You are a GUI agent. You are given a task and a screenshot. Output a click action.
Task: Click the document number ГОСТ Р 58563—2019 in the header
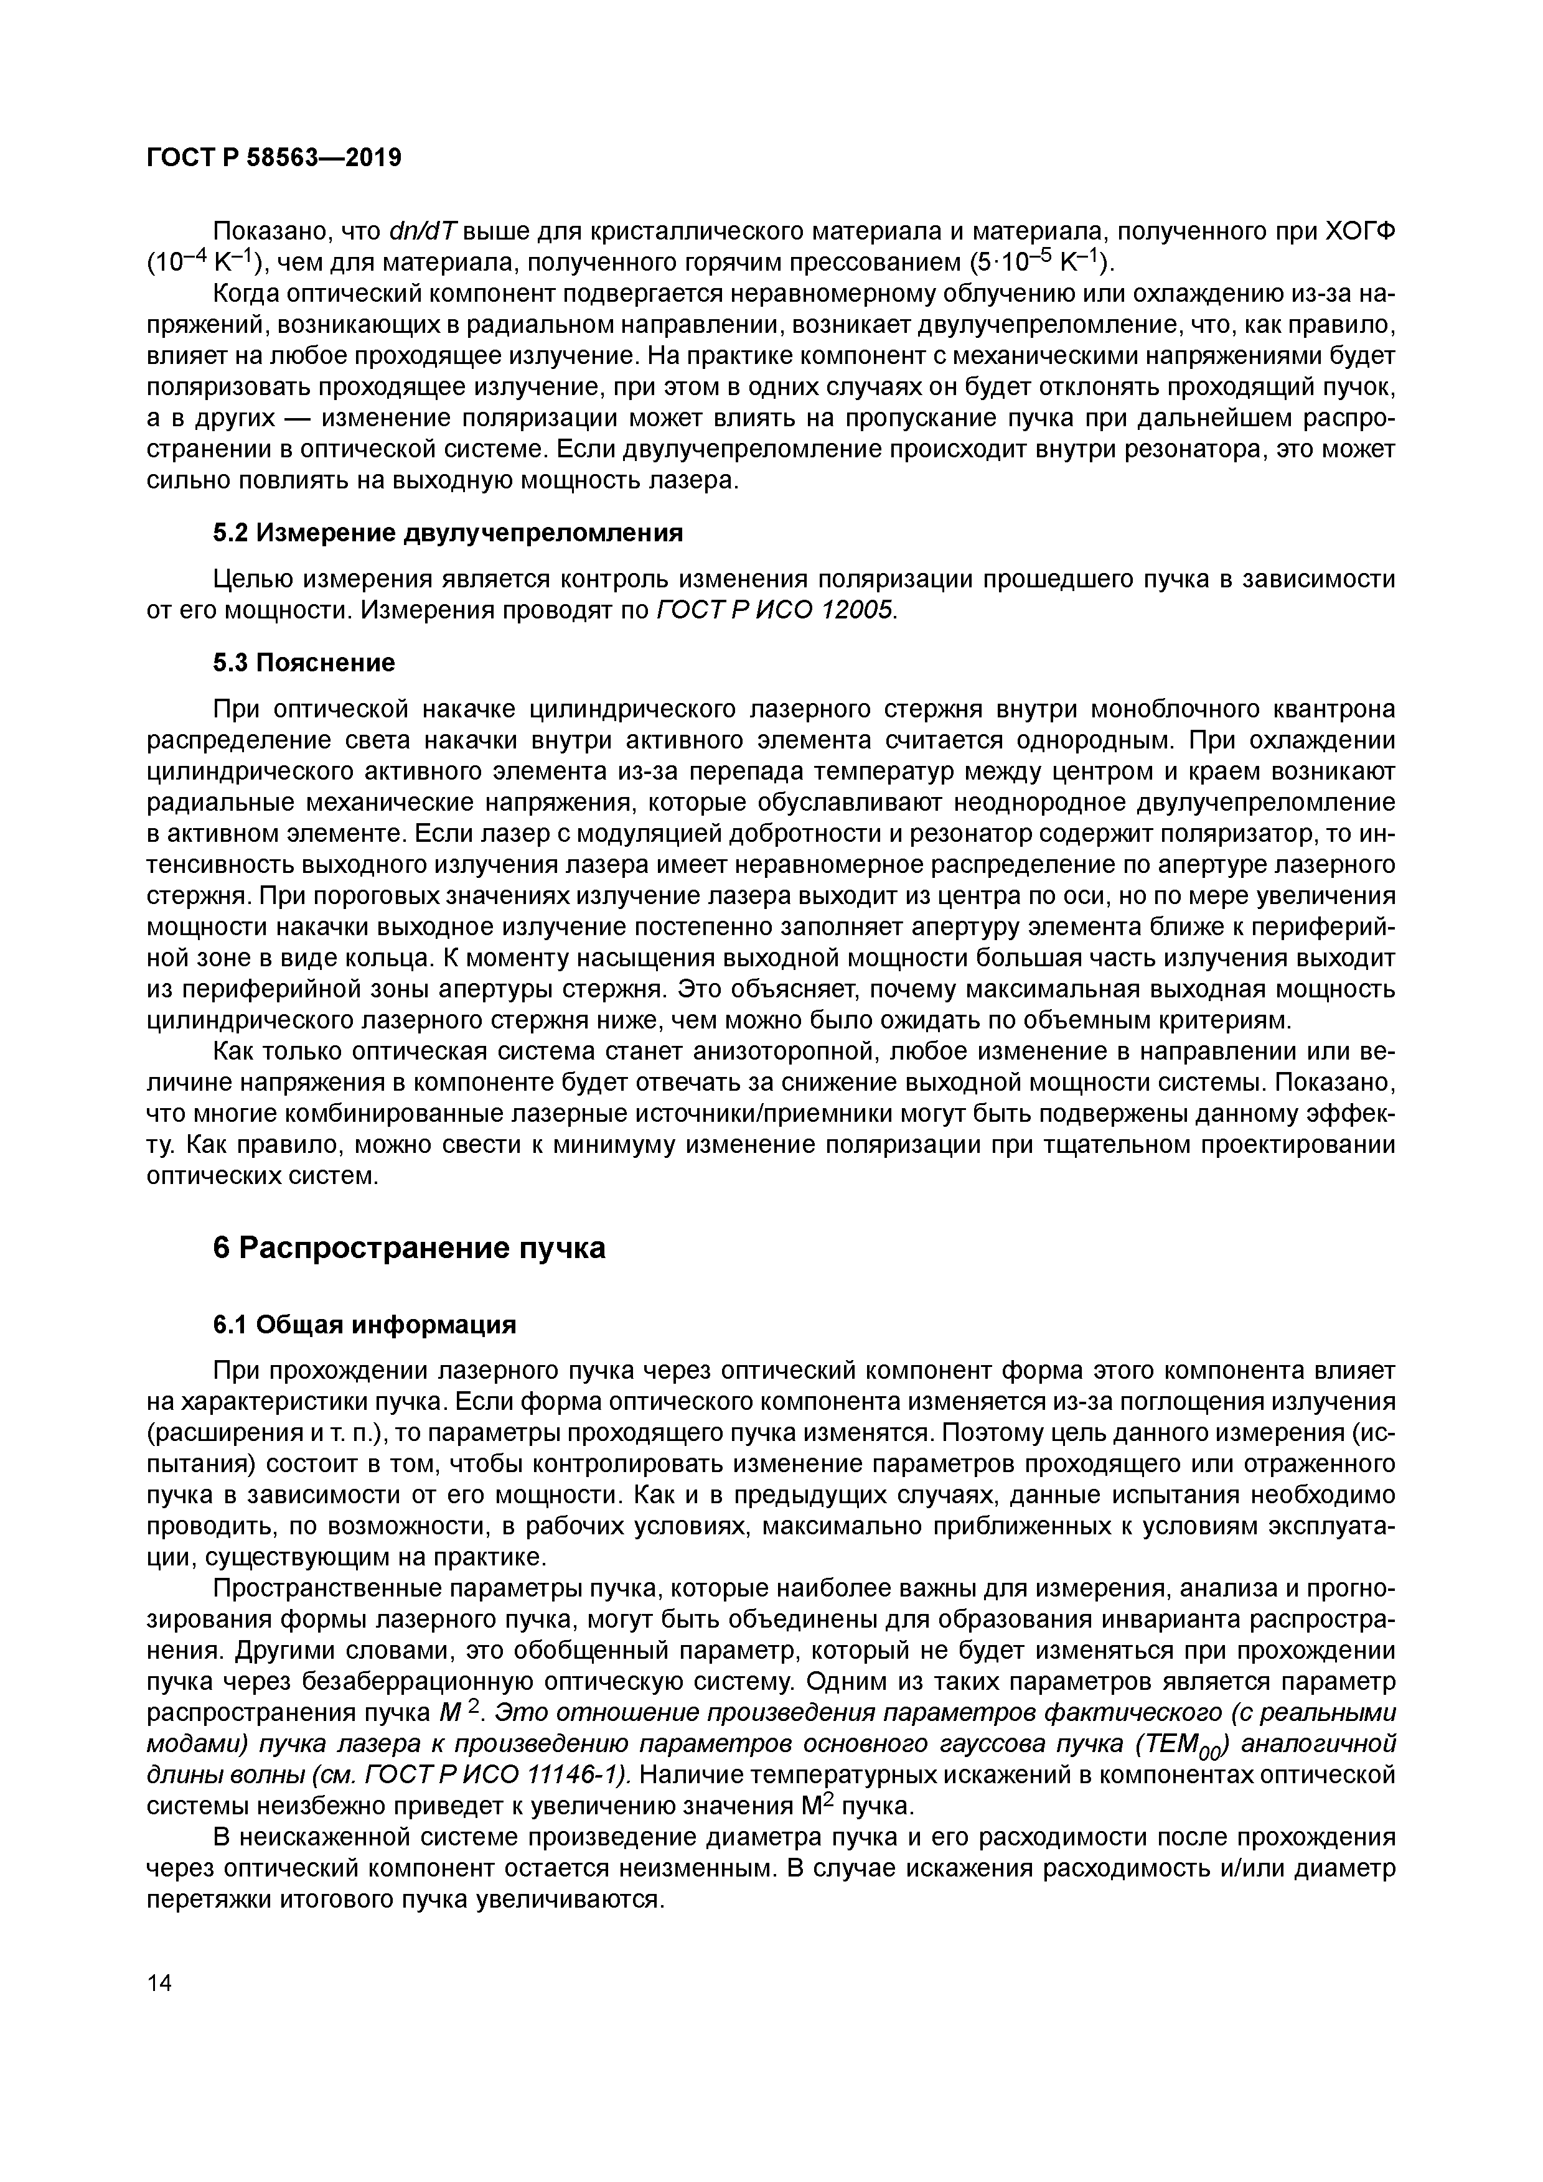tap(274, 158)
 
